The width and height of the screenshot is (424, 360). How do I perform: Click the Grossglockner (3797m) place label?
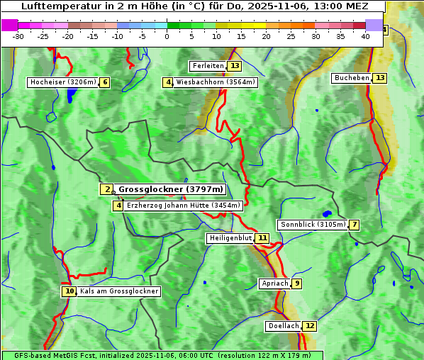click(x=171, y=189)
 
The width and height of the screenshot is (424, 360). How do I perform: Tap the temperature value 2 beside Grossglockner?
click(x=107, y=189)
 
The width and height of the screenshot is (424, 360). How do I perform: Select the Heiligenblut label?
click(x=230, y=238)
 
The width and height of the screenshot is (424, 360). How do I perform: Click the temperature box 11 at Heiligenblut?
click(x=262, y=238)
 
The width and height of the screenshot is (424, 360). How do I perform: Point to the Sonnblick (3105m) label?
click(x=313, y=225)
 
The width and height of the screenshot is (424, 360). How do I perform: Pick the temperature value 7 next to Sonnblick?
click(x=354, y=225)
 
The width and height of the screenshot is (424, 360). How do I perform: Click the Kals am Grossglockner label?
click(x=119, y=291)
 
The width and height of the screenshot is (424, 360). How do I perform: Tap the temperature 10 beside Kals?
click(x=69, y=291)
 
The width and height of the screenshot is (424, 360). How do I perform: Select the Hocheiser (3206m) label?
click(x=63, y=82)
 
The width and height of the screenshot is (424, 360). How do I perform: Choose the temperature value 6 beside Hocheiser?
click(x=105, y=82)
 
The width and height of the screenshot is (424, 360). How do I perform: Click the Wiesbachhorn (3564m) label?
click(x=216, y=82)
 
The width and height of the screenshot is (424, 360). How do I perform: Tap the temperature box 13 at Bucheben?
click(x=380, y=77)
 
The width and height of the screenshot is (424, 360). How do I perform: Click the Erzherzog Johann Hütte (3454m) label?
click(x=184, y=206)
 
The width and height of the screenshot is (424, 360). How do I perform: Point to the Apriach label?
click(x=275, y=283)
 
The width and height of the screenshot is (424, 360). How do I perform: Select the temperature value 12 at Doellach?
click(x=310, y=326)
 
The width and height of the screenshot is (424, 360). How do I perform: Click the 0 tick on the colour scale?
click(x=167, y=36)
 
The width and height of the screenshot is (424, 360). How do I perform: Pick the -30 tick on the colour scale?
click(x=18, y=36)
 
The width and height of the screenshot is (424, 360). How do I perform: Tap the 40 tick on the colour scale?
click(x=365, y=36)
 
